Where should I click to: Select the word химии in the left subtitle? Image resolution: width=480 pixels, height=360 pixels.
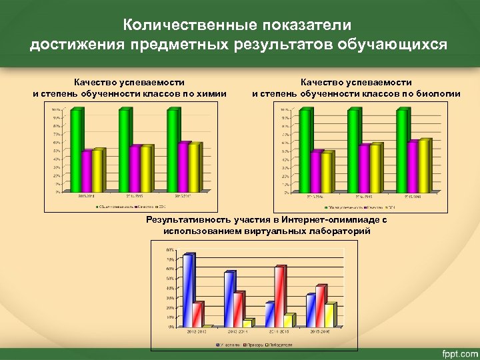coord(213,93)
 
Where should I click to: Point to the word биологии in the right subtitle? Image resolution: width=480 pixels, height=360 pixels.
coord(438,93)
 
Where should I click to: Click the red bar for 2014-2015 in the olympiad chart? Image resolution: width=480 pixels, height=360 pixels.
coord(280,296)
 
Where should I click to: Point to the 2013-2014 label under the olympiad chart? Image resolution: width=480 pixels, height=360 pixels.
coord(237,331)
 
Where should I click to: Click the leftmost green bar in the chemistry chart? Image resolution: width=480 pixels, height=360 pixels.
coord(77,149)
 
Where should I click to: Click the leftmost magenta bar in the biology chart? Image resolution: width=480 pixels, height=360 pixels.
coord(317,171)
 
